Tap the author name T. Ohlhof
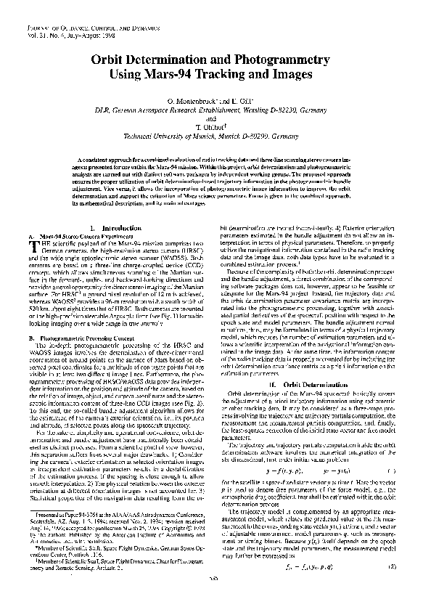tap(212, 126)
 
